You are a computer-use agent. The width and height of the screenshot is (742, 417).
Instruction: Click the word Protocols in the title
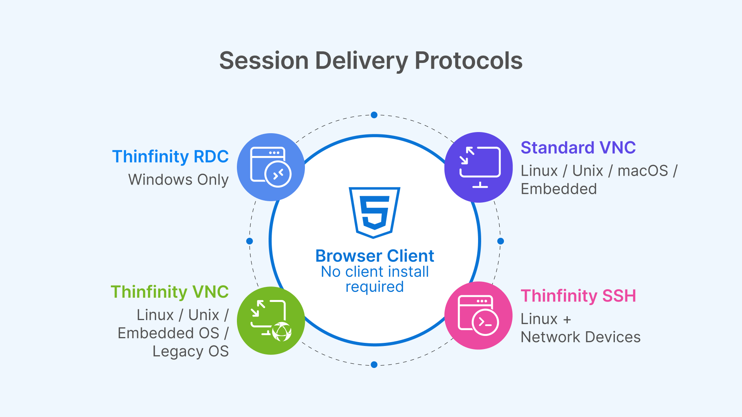click(x=468, y=61)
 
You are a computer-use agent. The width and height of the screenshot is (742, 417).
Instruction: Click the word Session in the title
click(x=264, y=61)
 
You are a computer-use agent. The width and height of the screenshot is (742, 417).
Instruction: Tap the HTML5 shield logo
click(x=374, y=212)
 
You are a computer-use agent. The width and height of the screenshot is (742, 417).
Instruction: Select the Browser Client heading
click(x=374, y=256)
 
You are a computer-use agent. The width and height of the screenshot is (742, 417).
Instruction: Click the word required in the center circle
click(x=374, y=287)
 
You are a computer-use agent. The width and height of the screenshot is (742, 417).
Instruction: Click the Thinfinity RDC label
click(x=170, y=156)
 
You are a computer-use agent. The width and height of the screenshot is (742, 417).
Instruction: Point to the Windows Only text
click(x=178, y=180)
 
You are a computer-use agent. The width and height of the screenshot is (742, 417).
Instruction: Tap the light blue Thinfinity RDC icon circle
click(x=271, y=167)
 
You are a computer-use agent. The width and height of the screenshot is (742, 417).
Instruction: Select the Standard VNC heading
click(x=578, y=147)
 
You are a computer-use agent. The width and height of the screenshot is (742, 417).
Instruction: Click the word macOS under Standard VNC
click(x=642, y=171)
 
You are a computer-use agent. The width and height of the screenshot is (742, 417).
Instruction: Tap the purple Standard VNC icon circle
click(x=478, y=167)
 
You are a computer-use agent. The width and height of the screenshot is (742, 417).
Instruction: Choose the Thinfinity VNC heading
click(x=169, y=292)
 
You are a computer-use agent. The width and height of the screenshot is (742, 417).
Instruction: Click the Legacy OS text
click(x=191, y=351)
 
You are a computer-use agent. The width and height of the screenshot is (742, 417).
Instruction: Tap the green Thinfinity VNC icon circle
click(x=271, y=320)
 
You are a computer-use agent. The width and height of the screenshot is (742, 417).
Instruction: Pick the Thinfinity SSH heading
click(x=578, y=296)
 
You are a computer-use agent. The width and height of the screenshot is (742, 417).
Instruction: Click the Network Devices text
click(x=580, y=337)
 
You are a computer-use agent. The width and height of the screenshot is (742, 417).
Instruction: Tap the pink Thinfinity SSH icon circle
click(x=478, y=315)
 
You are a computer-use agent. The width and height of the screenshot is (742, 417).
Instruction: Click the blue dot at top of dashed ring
click(x=374, y=115)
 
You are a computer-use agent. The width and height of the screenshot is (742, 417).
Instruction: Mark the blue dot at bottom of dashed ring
click(x=374, y=364)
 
